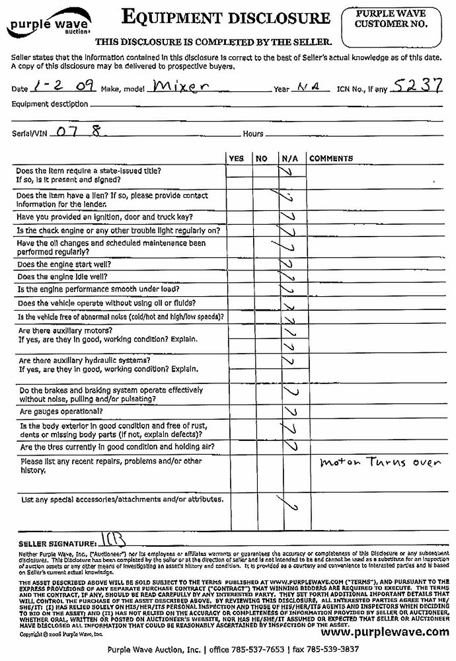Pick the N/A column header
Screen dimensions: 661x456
(x=289, y=159)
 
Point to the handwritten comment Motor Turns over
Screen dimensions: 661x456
(x=379, y=463)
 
